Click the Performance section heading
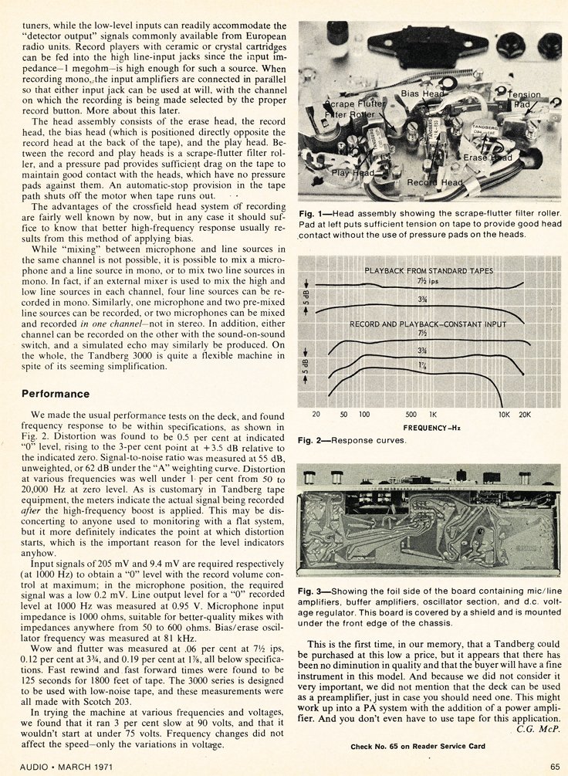[56, 394]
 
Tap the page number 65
[555, 766]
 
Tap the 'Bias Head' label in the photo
[422, 93]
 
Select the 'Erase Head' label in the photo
[488, 158]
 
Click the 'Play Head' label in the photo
[353, 173]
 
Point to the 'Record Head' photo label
[435, 182]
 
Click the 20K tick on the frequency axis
[524, 414]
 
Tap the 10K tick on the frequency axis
[503, 414]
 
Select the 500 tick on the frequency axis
[411, 414]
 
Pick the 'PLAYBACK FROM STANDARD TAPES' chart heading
[428, 272]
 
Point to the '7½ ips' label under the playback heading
[425, 282]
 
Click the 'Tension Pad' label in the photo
[524, 99]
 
